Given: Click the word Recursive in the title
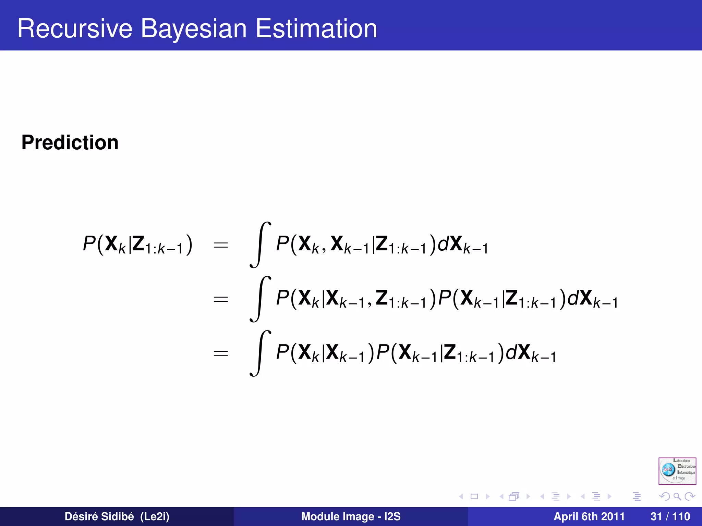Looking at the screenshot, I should (x=75, y=29).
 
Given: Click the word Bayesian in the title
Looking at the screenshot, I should (x=194, y=29).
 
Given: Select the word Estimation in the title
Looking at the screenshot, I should (x=316, y=29).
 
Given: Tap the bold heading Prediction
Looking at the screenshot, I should (x=70, y=142).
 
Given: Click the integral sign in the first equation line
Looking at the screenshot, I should (x=260, y=245).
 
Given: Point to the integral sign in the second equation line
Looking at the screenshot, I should (x=260, y=299).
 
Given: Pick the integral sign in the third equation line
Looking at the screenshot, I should (x=260, y=353).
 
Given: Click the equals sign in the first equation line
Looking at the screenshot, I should (x=221, y=245).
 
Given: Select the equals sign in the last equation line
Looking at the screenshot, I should (x=221, y=353).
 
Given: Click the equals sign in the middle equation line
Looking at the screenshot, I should (x=221, y=299).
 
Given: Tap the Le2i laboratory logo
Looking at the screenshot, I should (x=677, y=471).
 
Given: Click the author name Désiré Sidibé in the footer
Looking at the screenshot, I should (x=99, y=516).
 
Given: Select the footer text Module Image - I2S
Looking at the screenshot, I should (x=351, y=516).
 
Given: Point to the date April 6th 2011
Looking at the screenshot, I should (x=589, y=516).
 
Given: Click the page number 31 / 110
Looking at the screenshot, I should (x=670, y=516).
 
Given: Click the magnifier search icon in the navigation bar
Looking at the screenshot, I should (x=677, y=496).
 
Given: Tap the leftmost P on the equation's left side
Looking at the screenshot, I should (x=89, y=244).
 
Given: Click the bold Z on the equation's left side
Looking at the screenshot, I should (x=138, y=244).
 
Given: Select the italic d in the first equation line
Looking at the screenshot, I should (x=443, y=244).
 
